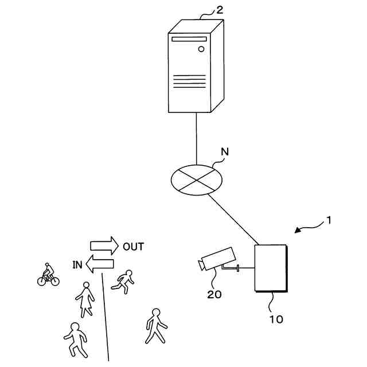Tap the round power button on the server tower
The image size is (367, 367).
(201, 49)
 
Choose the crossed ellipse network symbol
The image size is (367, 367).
(197, 179)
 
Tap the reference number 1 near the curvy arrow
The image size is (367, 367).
(329, 220)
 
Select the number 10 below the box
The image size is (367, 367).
(276, 319)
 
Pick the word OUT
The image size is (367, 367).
(133, 247)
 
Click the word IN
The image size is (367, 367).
(77, 264)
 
